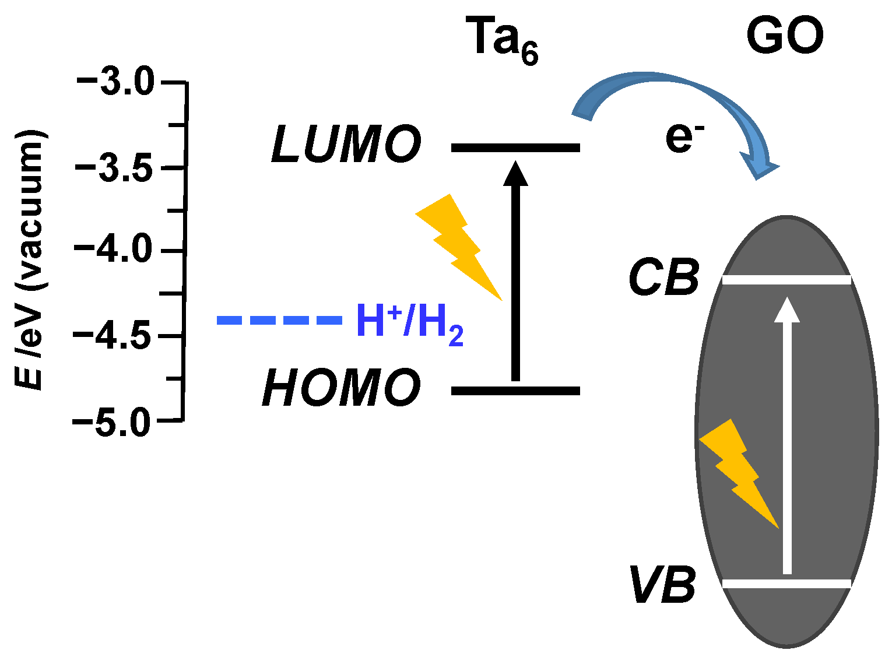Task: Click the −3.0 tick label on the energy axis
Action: pos(115,82)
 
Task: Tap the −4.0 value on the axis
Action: pos(113,251)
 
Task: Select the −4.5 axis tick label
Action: pos(113,336)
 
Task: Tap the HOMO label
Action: pos(342,388)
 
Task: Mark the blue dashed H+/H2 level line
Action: pos(279,320)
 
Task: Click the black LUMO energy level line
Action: pos(515,147)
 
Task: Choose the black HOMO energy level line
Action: pos(515,391)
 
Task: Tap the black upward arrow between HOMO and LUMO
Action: pos(515,274)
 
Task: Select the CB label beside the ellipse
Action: pos(664,278)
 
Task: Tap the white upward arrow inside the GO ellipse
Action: pos(787,437)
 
